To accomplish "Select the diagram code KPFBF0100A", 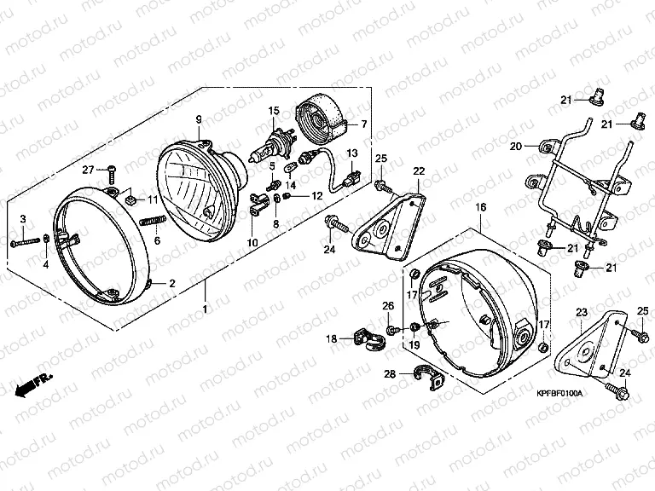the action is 559,393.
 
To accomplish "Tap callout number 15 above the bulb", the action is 274,111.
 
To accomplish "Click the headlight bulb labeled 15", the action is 274,146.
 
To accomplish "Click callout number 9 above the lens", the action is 199,119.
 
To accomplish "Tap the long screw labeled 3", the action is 26,241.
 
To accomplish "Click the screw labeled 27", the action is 112,174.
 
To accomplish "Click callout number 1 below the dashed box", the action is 205,309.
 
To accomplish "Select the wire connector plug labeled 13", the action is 351,177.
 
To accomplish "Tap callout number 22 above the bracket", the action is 419,170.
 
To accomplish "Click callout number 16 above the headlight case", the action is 481,207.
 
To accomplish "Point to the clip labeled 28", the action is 428,376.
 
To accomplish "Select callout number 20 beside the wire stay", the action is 516,146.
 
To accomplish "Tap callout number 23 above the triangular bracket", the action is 582,312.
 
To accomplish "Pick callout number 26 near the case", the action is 388,306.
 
